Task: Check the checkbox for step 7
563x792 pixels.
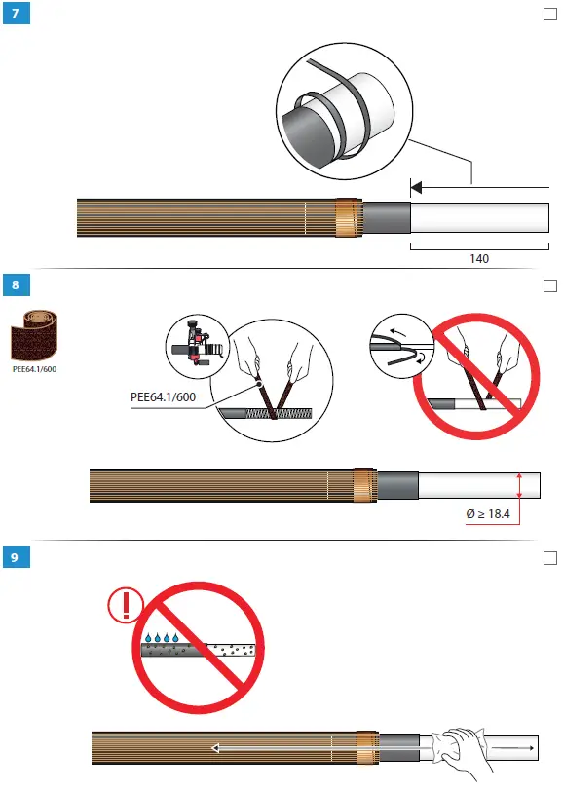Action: click(547, 16)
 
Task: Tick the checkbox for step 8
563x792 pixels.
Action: click(547, 284)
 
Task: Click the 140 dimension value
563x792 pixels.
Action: click(478, 259)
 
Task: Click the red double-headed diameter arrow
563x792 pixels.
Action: click(520, 484)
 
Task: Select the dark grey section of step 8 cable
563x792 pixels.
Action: click(398, 485)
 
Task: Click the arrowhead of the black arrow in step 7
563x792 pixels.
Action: click(416, 186)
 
